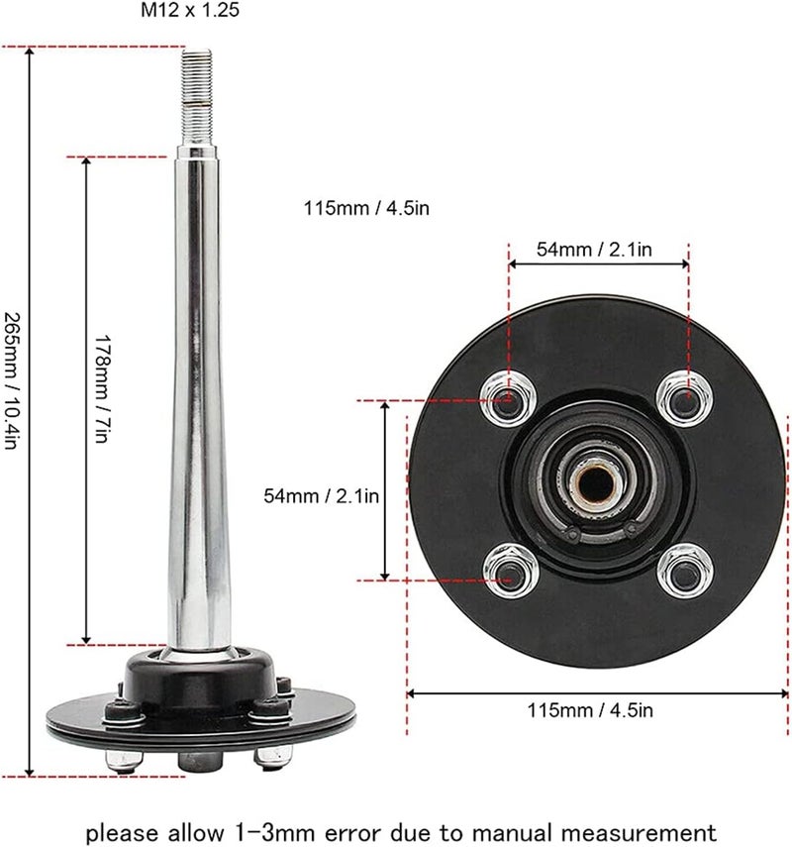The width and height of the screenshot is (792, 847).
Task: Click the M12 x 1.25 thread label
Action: pos(189,10)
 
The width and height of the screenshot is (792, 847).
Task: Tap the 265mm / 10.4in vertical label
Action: pos(12,380)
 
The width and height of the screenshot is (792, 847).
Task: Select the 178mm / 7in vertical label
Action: pos(103,389)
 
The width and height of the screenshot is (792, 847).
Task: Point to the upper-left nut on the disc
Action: pos(508,400)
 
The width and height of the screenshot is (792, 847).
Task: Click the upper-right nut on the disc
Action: pos(684,398)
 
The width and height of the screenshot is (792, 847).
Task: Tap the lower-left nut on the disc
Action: pos(511,571)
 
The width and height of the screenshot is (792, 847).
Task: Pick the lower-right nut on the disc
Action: pos(685,571)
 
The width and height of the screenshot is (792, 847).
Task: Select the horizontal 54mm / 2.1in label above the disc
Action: pos(594,250)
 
